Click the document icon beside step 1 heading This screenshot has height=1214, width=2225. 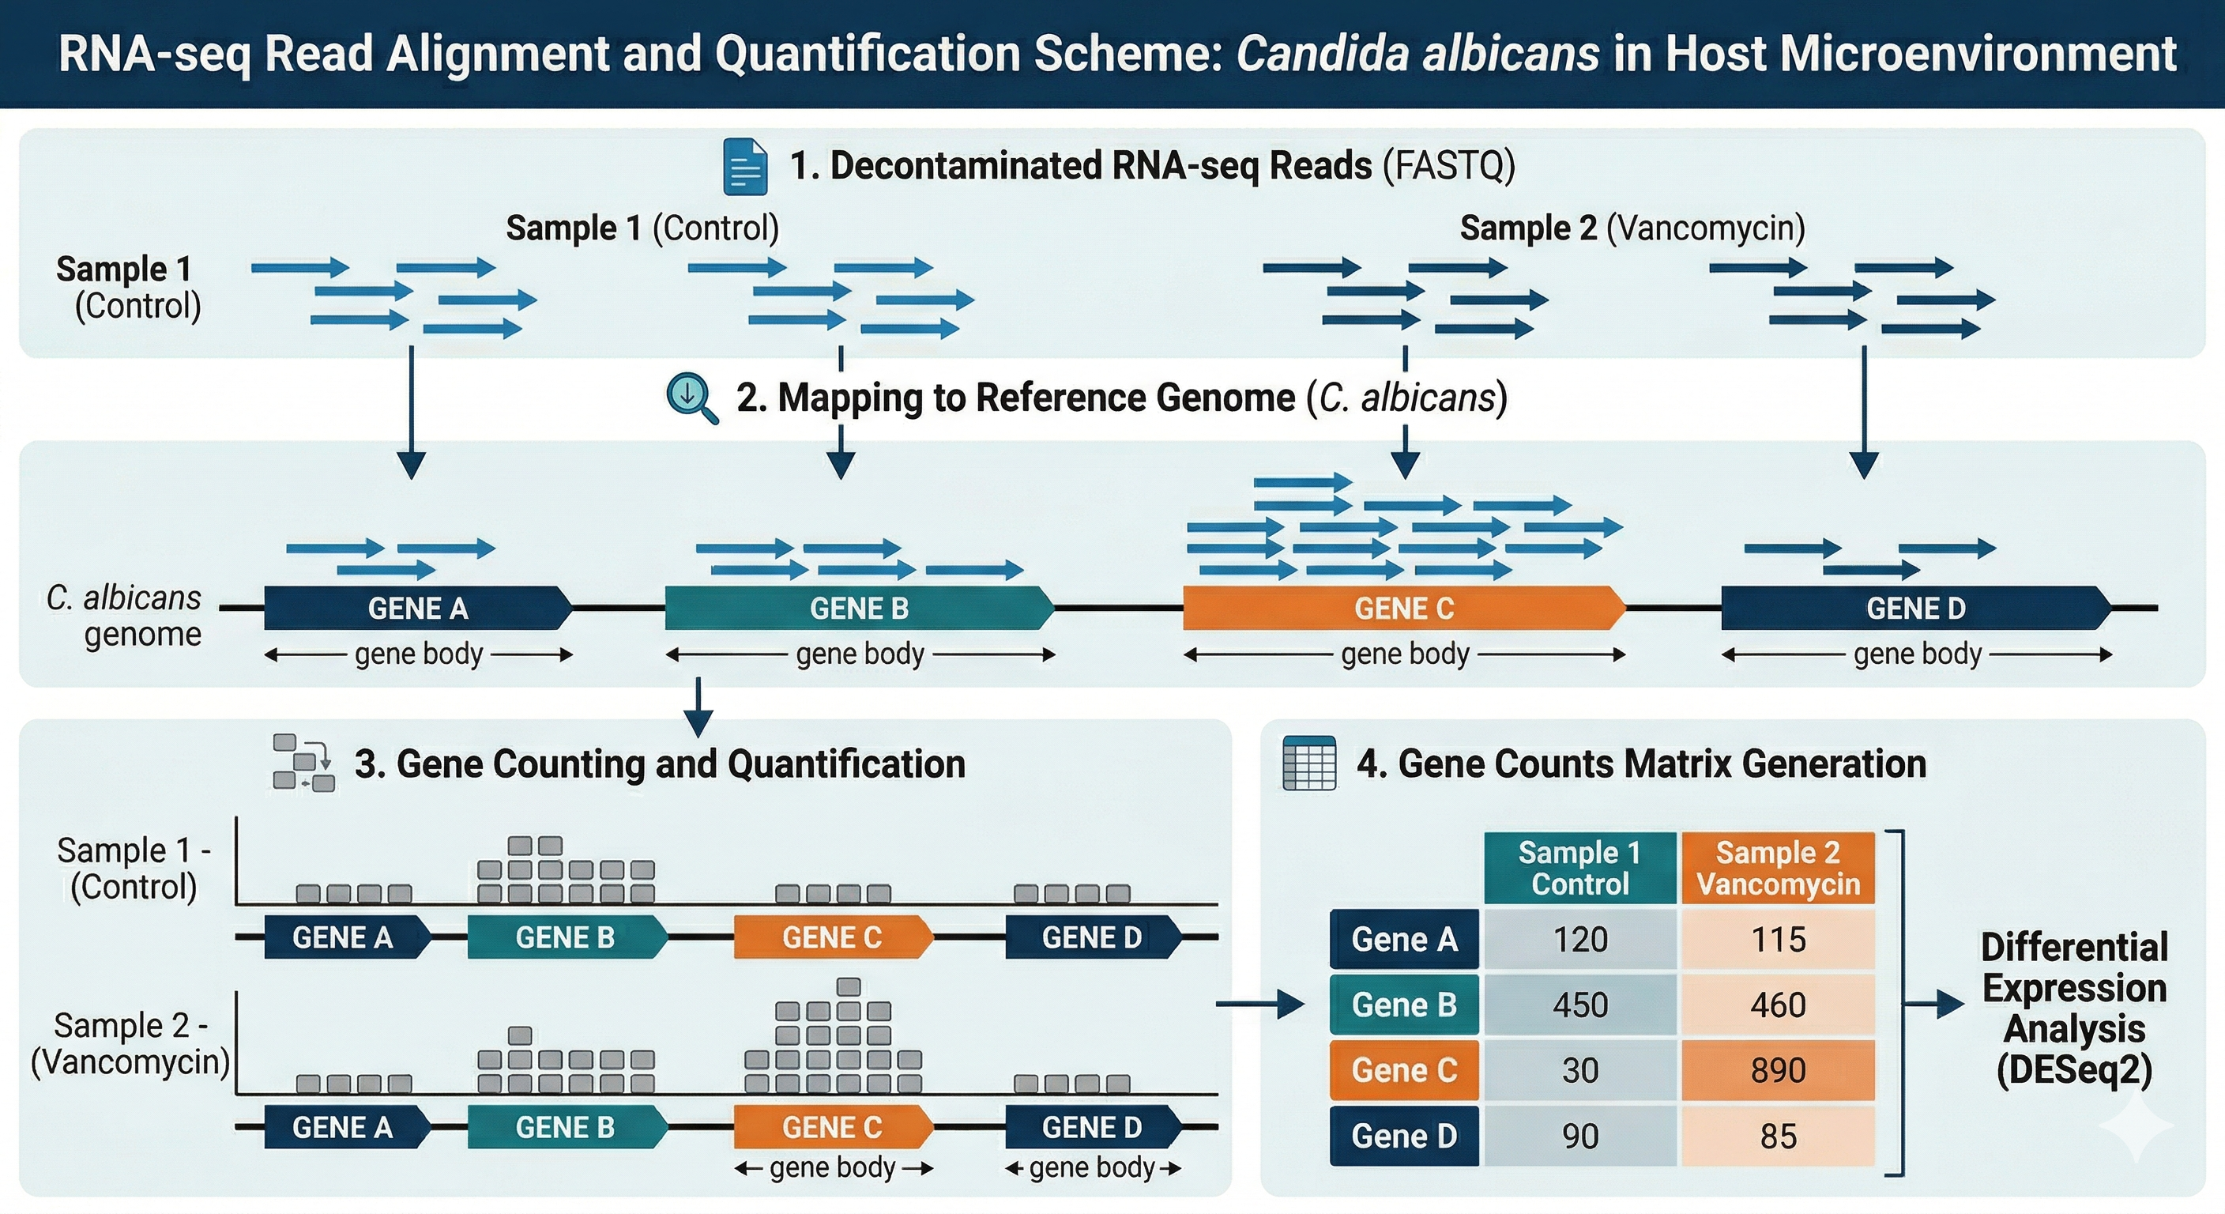click(x=744, y=166)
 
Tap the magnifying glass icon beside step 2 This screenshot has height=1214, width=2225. click(x=691, y=398)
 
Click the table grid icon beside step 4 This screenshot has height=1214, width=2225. click(x=1309, y=763)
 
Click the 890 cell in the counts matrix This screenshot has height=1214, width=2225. click(x=1778, y=1069)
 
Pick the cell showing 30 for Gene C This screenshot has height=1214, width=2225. click(x=1579, y=1069)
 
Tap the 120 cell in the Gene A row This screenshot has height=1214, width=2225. click(x=1579, y=939)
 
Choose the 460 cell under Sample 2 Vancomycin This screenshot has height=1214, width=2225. click(x=1778, y=1005)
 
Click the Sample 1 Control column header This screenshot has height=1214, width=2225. click(x=1579, y=868)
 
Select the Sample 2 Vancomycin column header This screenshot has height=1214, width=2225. click(x=1778, y=868)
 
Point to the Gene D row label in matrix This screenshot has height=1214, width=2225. click(x=1403, y=1136)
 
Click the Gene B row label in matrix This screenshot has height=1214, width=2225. click(x=1403, y=1005)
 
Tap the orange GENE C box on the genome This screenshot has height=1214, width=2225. click(x=1403, y=609)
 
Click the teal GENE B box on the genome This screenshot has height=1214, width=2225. click(x=859, y=609)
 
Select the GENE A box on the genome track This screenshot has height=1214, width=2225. click(x=418, y=609)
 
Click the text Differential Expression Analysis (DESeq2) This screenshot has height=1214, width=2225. click(x=2074, y=1009)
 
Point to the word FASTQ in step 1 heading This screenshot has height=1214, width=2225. click(x=1448, y=166)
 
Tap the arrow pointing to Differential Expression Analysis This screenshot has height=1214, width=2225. click(x=1935, y=1004)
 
